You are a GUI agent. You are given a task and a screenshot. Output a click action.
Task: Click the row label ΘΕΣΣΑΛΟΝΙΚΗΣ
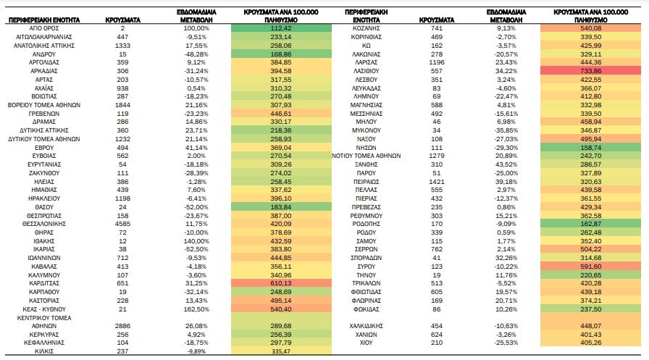coord(44,224)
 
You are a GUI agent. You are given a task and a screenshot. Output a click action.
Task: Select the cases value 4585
coord(122,224)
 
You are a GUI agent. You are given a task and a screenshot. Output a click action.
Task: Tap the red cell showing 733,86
coord(590,71)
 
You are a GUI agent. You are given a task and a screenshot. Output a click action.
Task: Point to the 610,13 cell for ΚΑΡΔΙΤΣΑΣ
coord(281,283)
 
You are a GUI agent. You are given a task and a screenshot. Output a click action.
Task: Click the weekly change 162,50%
coord(196,309)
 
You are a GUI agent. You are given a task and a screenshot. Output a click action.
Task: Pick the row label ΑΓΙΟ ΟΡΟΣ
coord(44,28)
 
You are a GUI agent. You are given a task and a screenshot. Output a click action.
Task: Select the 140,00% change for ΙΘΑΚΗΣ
coord(196,240)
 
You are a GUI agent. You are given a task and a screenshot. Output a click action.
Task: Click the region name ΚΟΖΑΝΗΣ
coord(367,28)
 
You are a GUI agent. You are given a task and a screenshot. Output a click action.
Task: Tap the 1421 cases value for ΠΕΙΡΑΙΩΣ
coord(437,182)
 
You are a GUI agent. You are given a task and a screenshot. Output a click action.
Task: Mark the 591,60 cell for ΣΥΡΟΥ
coord(590,267)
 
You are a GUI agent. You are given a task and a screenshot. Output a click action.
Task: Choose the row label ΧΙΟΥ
coord(367,343)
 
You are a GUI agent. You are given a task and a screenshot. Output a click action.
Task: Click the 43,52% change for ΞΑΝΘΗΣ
coord(506,164)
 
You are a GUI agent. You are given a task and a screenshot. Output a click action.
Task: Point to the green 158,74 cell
coord(590,147)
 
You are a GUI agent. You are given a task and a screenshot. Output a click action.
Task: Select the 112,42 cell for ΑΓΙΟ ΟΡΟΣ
coord(281,28)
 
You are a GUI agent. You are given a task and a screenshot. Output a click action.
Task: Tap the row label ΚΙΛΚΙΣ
coord(44,351)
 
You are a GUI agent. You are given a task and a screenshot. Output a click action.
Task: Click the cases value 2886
coord(122,326)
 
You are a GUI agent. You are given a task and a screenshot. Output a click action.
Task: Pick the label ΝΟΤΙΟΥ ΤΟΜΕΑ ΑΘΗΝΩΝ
coord(367,156)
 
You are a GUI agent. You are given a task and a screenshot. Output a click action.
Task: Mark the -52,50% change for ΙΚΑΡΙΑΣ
coord(196,249)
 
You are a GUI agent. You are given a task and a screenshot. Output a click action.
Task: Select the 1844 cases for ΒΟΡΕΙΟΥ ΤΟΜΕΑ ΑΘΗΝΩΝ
coord(122,105)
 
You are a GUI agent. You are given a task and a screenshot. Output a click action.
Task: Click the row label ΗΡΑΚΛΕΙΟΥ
coord(44,198)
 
